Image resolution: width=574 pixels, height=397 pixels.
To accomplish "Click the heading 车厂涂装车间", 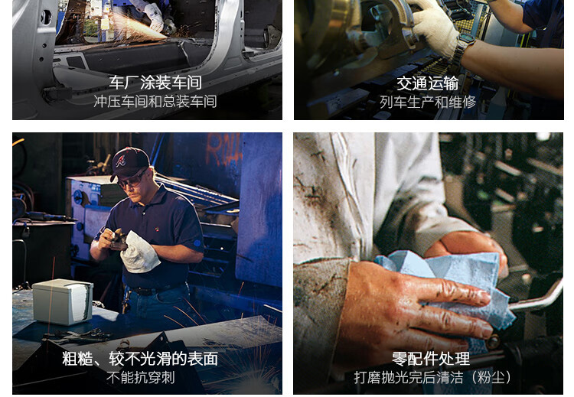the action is [x=155, y=83].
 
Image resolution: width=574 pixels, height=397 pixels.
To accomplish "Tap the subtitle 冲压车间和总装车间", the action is [x=155, y=102].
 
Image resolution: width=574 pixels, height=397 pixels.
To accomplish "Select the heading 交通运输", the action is [x=428, y=83].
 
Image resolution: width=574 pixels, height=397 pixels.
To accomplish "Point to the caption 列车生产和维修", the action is [x=428, y=102].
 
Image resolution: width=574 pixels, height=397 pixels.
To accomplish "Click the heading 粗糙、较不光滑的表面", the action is [x=140, y=359].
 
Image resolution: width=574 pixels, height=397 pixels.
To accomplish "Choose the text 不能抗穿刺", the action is [x=141, y=378].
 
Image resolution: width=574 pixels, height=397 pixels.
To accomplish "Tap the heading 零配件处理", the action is [x=430, y=359].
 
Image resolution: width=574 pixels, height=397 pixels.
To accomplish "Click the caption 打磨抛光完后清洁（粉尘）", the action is [x=432, y=378].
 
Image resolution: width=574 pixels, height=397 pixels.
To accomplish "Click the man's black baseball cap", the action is [x=129, y=162].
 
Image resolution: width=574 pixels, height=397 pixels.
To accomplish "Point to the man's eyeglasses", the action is [x=131, y=181].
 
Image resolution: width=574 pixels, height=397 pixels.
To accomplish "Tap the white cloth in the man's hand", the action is [x=139, y=252].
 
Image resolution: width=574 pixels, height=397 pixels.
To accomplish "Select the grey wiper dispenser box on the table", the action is [x=63, y=301].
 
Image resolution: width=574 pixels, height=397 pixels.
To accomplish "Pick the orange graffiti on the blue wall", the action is [x=224, y=149].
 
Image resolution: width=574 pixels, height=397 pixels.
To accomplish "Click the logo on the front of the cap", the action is [x=121, y=161].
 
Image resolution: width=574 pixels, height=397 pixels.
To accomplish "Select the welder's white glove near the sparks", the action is [x=155, y=17].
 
